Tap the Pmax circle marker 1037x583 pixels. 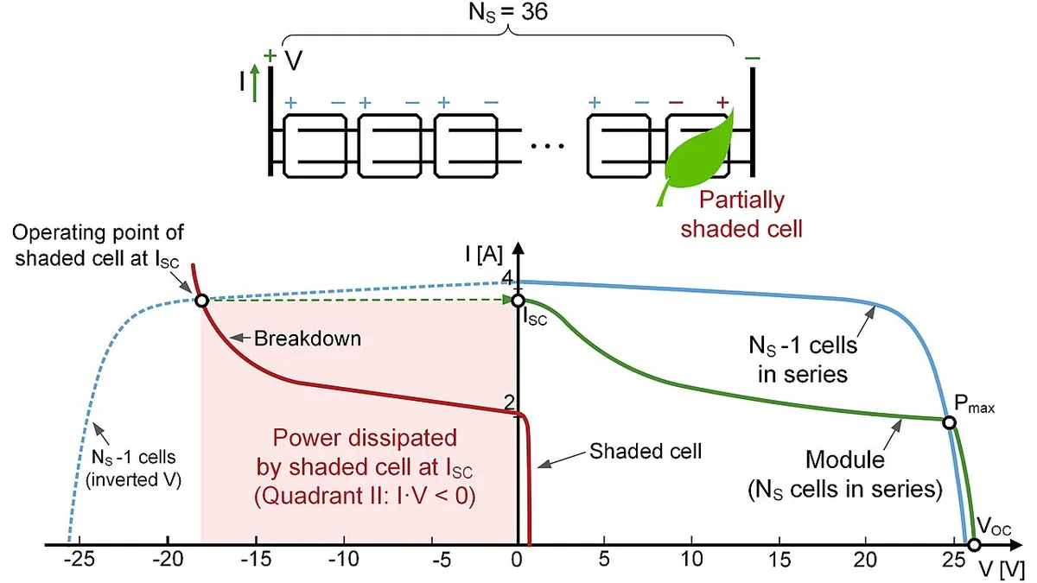click(x=949, y=422)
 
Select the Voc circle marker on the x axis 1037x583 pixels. click(x=974, y=545)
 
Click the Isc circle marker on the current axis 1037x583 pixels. click(x=518, y=301)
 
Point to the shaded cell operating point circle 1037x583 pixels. click(x=201, y=301)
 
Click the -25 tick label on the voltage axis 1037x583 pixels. click(x=80, y=560)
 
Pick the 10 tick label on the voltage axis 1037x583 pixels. click(x=691, y=560)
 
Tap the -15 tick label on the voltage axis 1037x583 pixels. click(x=256, y=560)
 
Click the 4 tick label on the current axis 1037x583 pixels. click(x=507, y=277)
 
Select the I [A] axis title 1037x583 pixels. click(x=484, y=255)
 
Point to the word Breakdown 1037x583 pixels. click(x=308, y=339)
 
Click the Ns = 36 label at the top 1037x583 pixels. click(x=508, y=12)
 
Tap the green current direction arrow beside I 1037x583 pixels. click(x=254, y=83)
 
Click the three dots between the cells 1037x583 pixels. click(x=547, y=146)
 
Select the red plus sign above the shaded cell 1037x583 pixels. click(x=722, y=102)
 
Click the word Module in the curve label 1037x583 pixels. click(x=845, y=459)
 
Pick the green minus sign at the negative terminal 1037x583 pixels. click(x=753, y=59)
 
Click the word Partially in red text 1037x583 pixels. click(x=741, y=200)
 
